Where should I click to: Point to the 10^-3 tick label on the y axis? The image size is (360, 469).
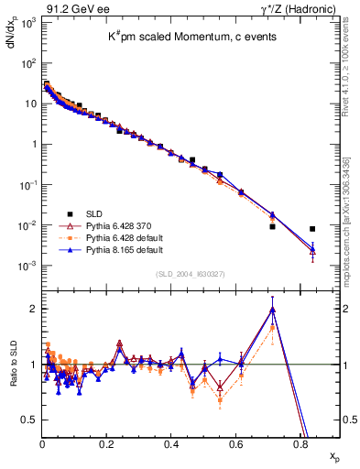point(28,266)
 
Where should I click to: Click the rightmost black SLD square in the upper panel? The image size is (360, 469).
point(312,229)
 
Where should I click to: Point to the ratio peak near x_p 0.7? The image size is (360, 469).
point(272,309)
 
